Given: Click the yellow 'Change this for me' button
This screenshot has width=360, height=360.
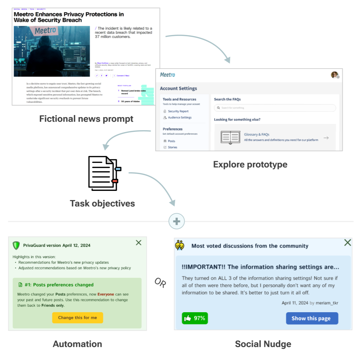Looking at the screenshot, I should [x=78, y=318].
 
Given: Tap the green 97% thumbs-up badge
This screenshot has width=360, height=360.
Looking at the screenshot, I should [x=195, y=318].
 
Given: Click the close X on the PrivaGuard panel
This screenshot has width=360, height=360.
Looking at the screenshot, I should [x=139, y=243].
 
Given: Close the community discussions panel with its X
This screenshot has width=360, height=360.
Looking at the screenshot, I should [x=347, y=243].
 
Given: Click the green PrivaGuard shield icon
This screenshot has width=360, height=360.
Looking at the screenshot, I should [x=16, y=245].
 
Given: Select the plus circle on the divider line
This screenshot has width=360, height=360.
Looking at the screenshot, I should [x=177, y=221].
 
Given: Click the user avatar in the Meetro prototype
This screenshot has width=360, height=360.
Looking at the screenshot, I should [x=335, y=75].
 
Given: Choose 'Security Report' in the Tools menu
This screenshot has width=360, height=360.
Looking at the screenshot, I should [x=178, y=111].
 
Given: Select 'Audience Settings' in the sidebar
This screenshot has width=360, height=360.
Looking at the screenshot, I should [x=180, y=117].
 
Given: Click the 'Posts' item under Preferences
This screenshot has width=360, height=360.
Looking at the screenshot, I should [x=171, y=141].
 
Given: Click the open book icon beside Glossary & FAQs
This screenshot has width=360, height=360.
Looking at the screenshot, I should [x=230, y=137].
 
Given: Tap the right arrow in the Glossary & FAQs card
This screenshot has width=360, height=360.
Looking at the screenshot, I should [x=326, y=138].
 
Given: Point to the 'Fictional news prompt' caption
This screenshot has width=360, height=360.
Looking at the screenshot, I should [x=86, y=119].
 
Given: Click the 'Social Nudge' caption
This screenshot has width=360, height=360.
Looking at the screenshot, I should [x=263, y=344].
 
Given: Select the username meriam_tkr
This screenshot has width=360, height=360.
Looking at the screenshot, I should [x=327, y=303].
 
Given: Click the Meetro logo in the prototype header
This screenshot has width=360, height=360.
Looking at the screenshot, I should [x=167, y=75].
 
